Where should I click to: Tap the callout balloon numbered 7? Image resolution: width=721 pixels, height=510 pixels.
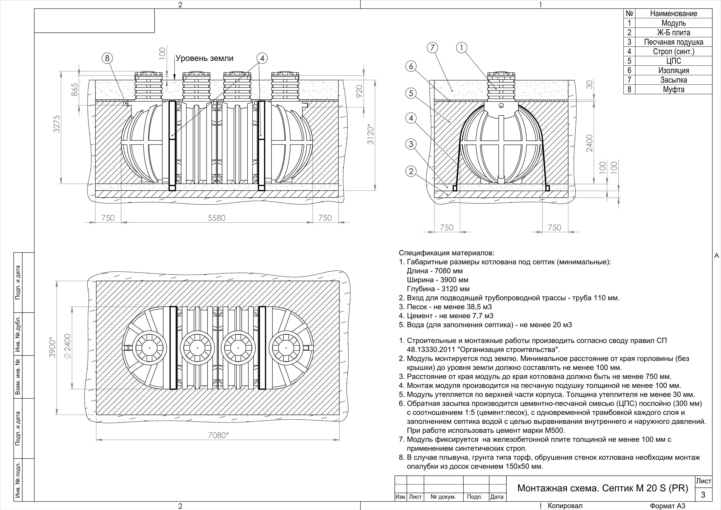[432, 48]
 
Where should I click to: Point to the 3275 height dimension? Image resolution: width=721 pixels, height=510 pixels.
[57, 124]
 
